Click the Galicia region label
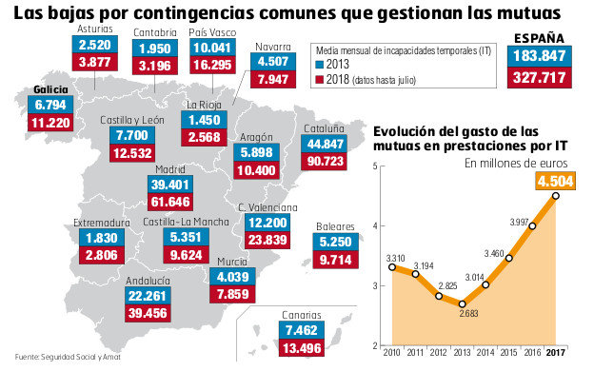coord(49,88)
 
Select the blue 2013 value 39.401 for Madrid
coord(172,184)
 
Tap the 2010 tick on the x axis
coord(392,354)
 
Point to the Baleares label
coord(336,227)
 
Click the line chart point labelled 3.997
coord(532,226)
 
